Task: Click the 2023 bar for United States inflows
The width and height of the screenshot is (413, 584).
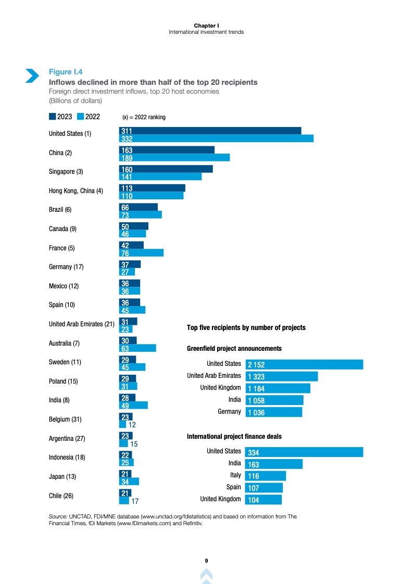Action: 210,130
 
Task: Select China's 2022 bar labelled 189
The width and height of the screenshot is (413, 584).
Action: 174,157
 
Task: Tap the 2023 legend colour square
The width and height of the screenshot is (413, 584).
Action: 52,117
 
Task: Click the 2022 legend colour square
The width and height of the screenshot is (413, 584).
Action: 80,117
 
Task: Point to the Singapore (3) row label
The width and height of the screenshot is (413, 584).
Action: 66,172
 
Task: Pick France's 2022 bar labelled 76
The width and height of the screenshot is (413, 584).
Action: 141,253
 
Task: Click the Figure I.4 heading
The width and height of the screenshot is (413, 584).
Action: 65,72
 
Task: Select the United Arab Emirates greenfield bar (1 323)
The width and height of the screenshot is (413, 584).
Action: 281,376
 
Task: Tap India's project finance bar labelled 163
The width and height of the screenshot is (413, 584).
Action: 273,464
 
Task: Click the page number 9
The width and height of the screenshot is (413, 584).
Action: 206,560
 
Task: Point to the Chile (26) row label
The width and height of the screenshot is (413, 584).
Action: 61,496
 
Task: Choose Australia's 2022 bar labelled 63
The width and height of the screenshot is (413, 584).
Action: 137,348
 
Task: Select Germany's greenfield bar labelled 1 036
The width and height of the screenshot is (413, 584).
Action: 273,412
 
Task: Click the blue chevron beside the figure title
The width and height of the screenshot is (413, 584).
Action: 32,75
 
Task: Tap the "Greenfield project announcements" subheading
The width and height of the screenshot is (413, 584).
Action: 234,348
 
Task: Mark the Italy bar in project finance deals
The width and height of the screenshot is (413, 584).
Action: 265,476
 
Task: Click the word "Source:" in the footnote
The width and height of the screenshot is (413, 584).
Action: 58,516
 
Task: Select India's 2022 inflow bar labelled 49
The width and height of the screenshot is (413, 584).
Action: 134,405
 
